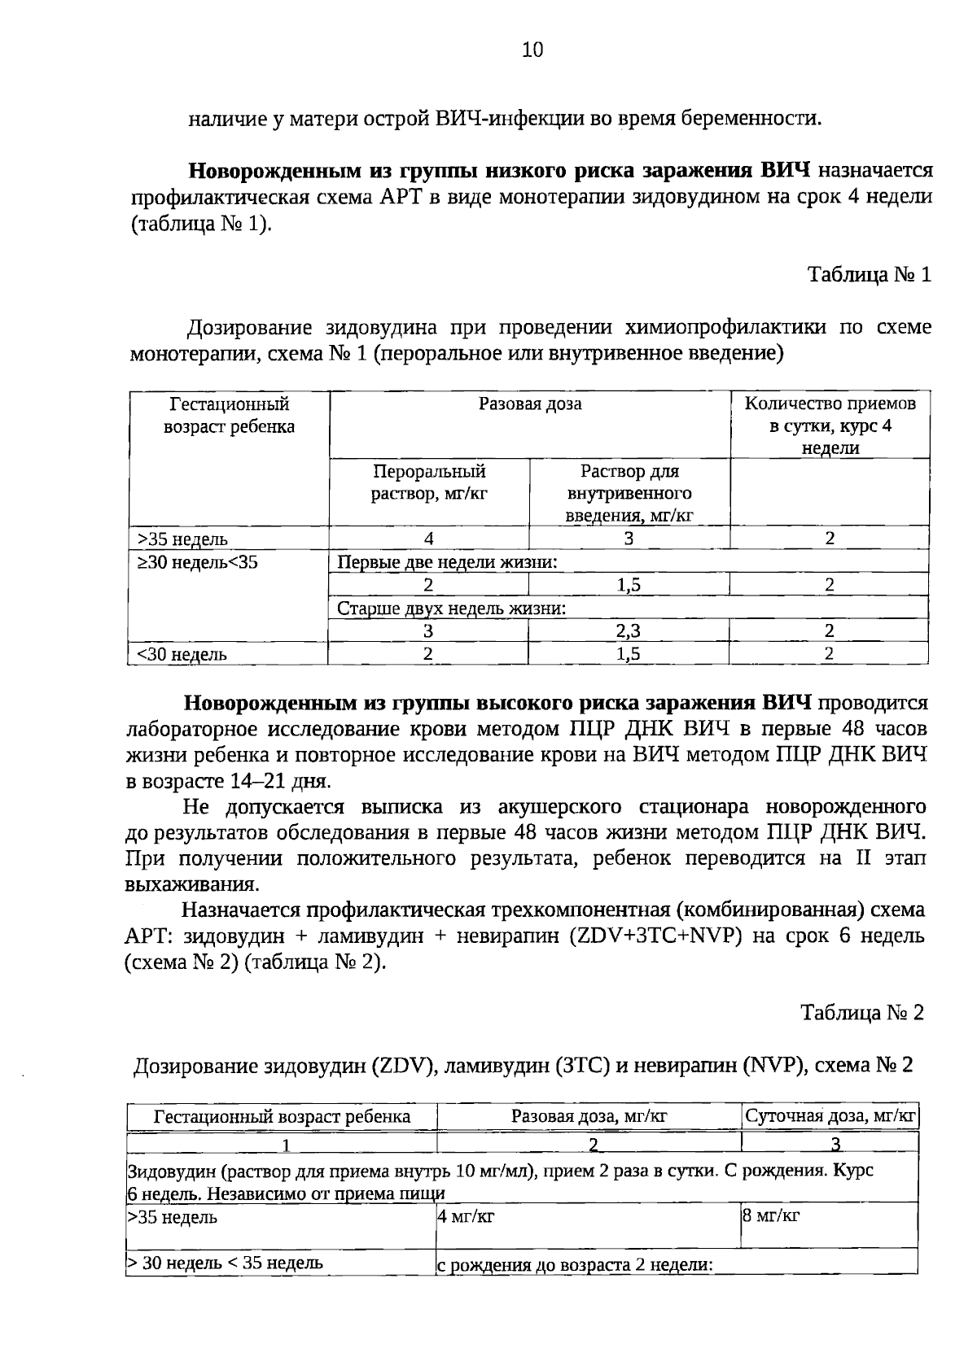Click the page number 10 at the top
pyautogui.click(x=531, y=50)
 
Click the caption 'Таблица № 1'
pyautogui.click(x=869, y=275)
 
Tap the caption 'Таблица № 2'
pyautogui.click(x=862, y=1013)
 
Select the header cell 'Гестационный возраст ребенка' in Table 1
pyautogui.click(x=230, y=416)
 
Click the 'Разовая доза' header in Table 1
pyautogui.click(x=530, y=404)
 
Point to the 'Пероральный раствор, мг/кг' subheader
pyautogui.click(x=429, y=482)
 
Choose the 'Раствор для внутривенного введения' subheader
pyautogui.click(x=629, y=493)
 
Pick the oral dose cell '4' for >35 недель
pyautogui.click(x=429, y=539)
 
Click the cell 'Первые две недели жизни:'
pyautogui.click(x=448, y=562)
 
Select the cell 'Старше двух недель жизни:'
pyautogui.click(x=452, y=609)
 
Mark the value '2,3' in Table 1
pyautogui.click(x=629, y=631)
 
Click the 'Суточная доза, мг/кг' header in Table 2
pyautogui.click(x=831, y=1116)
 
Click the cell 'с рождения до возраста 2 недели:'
pyautogui.click(x=576, y=1266)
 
